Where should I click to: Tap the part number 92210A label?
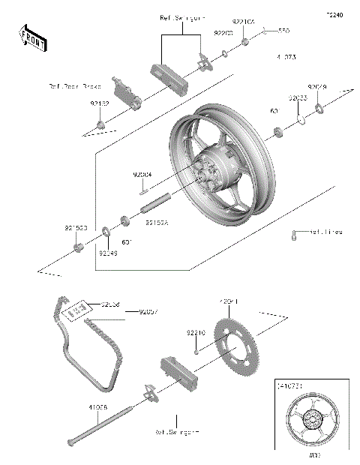pyautogui.click(x=244, y=22)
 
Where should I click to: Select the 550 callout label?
pyautogui.click(x=283, y=31)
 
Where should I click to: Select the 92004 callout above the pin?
pyautogui.click(x=142, y=174)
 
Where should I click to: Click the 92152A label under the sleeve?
pyautogui.click(x=157, y=222)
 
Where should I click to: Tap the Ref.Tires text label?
pyautogui.click(x=325, y=232)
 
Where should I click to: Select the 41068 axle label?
pyautogui.click(x=97, y=406)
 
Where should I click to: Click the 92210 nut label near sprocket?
pyautogui.click(x=197, y=331)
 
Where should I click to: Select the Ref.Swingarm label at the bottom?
pyautogui.click(x=177, y=433)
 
